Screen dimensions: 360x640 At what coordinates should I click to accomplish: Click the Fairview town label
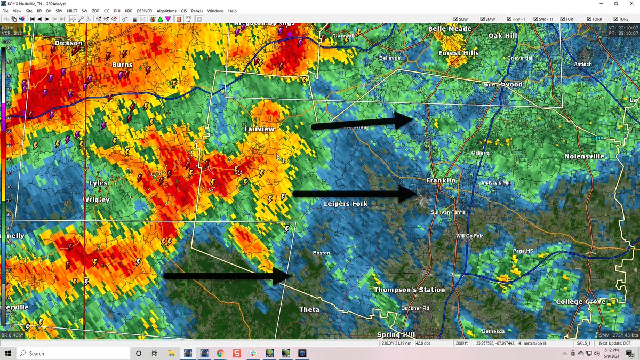click(259, 130)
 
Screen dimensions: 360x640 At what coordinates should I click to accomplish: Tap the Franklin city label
click(441, 181)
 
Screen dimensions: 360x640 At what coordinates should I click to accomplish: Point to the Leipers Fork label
click(346, 204)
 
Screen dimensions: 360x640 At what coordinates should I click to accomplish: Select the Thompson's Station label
click(409, 290)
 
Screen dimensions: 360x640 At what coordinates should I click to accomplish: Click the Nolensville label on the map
click(585, 156)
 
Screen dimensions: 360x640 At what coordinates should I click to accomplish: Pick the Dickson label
click(69, 43)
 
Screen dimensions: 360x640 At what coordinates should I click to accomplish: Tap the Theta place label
click(309, 310)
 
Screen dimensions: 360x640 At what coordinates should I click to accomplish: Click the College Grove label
click(581, 302)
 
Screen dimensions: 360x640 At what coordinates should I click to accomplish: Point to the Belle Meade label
click(450, 29)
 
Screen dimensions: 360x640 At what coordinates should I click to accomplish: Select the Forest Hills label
click(459, 53)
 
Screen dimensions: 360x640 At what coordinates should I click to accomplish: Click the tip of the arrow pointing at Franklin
click(417, 193)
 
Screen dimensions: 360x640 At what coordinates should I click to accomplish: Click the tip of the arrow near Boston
click(291, 276)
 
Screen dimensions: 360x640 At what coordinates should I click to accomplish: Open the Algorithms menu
click(166, 11)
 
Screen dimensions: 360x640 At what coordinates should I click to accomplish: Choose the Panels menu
click(197, 11)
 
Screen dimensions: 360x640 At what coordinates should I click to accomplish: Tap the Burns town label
click(122, 65)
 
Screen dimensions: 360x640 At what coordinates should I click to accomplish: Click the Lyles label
click(98, 183)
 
